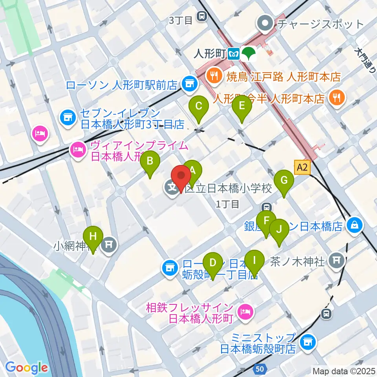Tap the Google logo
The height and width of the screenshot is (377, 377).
26,368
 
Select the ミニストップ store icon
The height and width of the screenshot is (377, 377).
307,342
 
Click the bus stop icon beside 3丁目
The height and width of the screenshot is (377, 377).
202,16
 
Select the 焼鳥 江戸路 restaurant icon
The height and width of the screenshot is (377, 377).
214,76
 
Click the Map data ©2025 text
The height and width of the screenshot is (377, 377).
344,370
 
